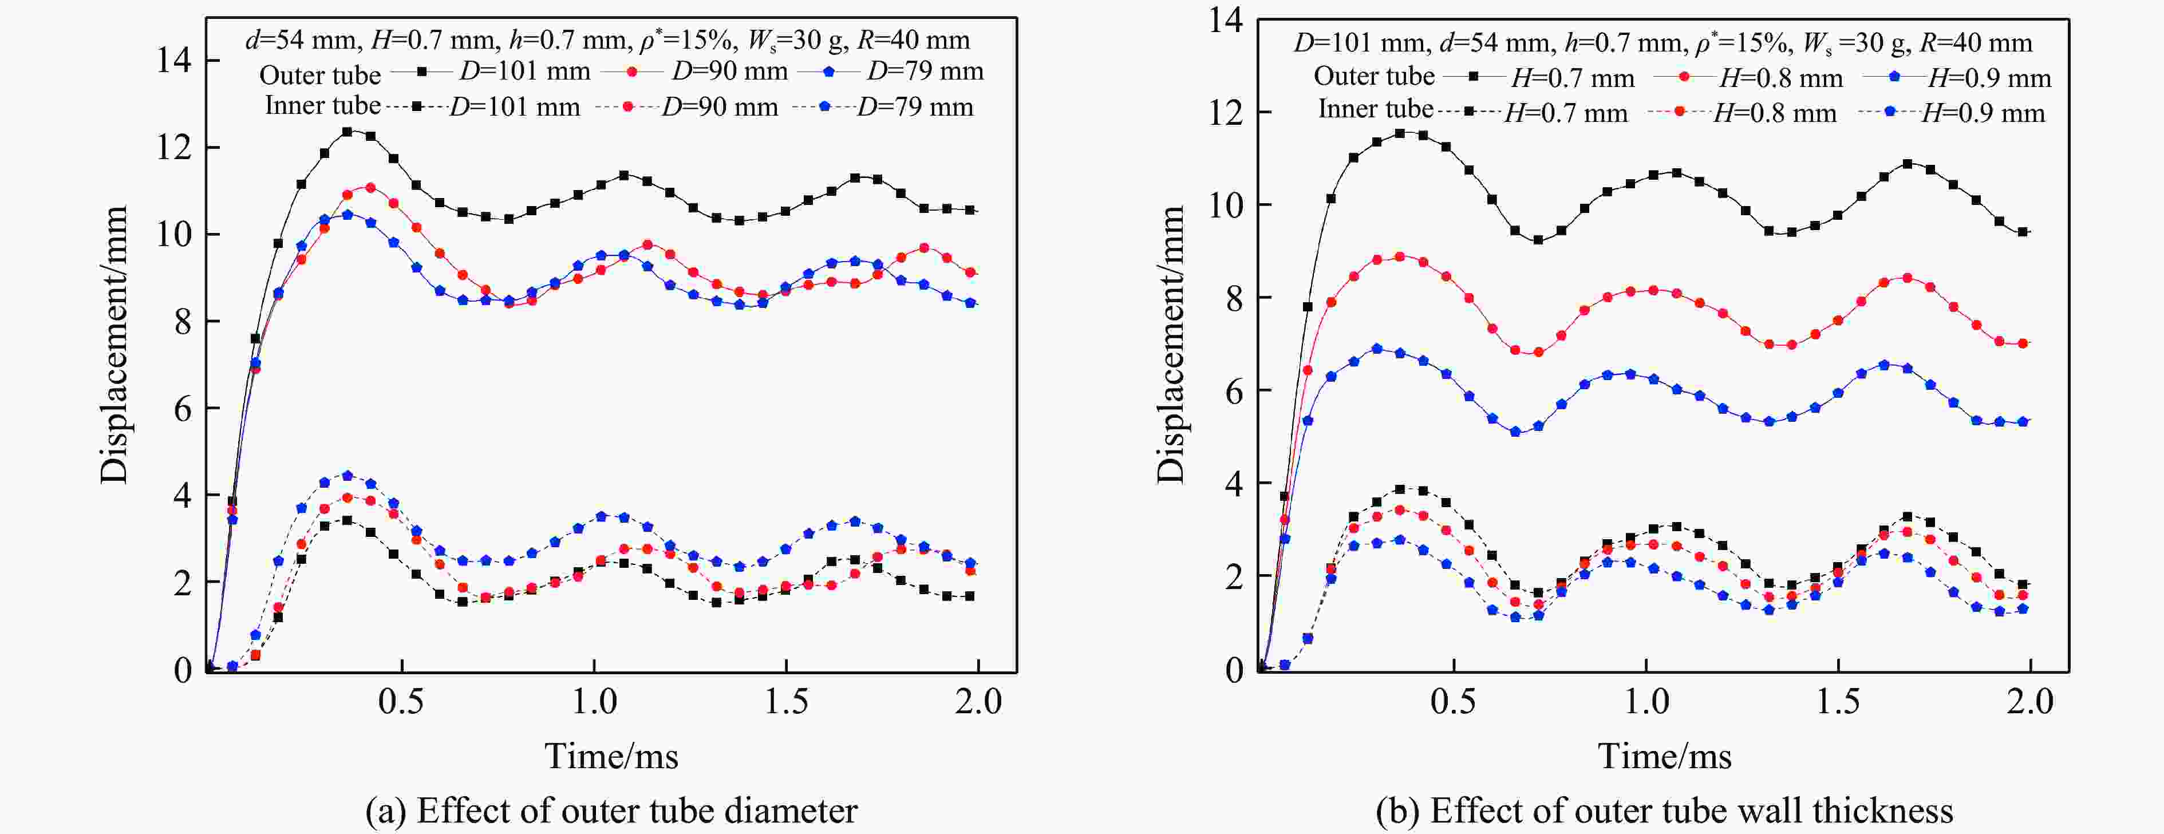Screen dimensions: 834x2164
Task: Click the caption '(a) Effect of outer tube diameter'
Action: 611,811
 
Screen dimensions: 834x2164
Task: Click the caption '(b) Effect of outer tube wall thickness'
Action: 1664,811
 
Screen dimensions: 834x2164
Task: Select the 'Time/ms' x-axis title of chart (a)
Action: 611,756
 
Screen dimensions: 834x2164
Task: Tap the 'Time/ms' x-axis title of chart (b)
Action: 1664,756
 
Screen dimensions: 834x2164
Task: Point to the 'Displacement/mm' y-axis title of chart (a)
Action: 114,345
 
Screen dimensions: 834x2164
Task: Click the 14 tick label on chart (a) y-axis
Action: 174,61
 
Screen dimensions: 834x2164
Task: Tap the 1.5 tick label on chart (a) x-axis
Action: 785,701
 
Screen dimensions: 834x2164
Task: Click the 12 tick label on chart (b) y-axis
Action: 1226,113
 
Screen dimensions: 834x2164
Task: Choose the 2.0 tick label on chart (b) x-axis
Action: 2029,701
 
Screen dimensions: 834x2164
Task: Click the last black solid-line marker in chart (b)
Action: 2022,232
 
